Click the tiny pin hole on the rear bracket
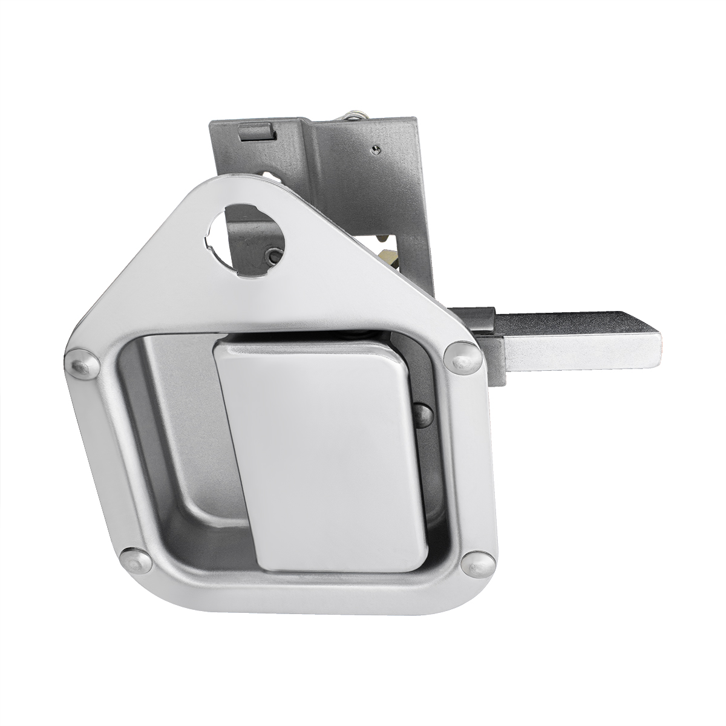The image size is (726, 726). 376,146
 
